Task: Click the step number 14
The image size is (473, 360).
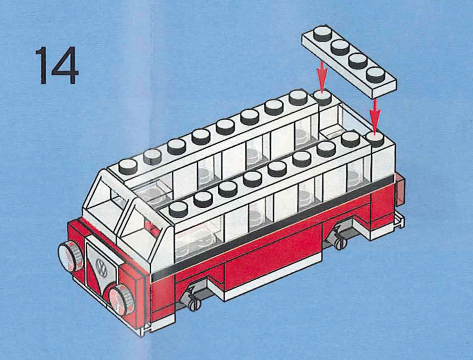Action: click(57, 65)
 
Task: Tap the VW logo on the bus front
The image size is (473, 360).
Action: click(101, 266)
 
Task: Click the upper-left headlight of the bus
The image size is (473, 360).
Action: click(70, 256)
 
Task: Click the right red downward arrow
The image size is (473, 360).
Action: click(375, 116)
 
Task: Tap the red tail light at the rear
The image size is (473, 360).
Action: click(400, 189)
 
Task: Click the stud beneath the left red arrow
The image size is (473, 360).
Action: click(322, 98)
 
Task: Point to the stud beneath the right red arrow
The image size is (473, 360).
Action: click(375, 140)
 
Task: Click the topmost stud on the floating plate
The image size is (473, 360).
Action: click(322, 34)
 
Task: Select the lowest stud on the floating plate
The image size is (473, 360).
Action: click(375, 75)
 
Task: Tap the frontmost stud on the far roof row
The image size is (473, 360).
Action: click(128, 167)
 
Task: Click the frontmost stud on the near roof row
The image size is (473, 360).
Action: click(178, 209)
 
